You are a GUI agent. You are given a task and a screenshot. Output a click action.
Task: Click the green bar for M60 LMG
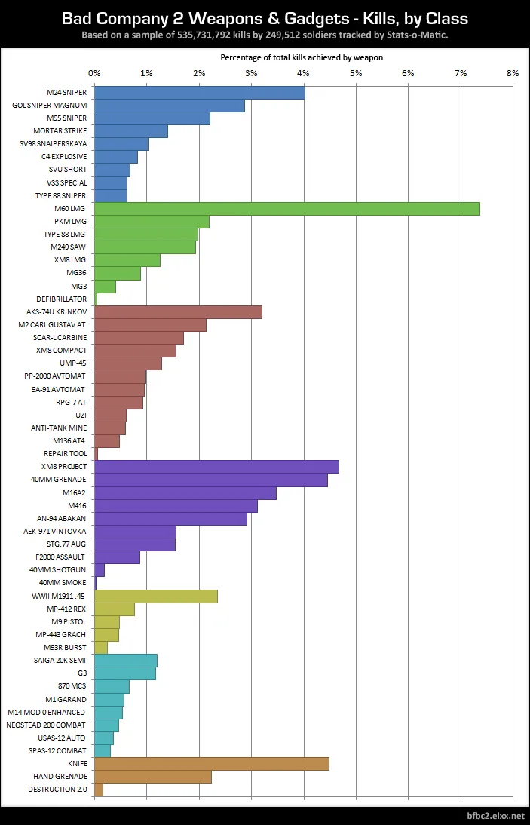pos(286,209)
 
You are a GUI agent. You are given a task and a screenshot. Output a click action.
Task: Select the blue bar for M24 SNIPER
pos(199,93)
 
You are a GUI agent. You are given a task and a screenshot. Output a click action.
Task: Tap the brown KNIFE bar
pos(211,764)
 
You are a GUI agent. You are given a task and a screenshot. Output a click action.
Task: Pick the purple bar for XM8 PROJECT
pos(216,467)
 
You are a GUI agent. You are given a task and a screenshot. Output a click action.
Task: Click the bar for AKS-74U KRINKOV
pos(178,312)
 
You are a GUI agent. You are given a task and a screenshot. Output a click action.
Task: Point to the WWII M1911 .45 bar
pos(156,597)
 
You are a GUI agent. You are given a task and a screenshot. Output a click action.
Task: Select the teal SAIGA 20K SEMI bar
pos(126,661)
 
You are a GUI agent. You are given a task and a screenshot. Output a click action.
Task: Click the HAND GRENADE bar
pos(152,777)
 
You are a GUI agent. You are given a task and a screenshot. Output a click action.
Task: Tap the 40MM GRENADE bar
pos(210,480)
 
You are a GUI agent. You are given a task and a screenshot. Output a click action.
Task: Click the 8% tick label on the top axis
pos(513,73)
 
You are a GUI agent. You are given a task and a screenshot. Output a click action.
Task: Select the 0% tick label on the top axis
pos(94,73)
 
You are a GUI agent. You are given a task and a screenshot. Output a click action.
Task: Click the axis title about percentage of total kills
pos(302,57)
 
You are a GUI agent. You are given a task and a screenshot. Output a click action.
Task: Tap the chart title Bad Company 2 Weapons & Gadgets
pos(265,18)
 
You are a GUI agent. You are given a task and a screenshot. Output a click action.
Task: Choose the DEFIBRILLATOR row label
pos(61,299)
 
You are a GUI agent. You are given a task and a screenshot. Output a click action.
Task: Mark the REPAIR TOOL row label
pos(65,454)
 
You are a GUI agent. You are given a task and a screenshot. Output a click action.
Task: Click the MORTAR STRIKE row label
pos(60,131)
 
